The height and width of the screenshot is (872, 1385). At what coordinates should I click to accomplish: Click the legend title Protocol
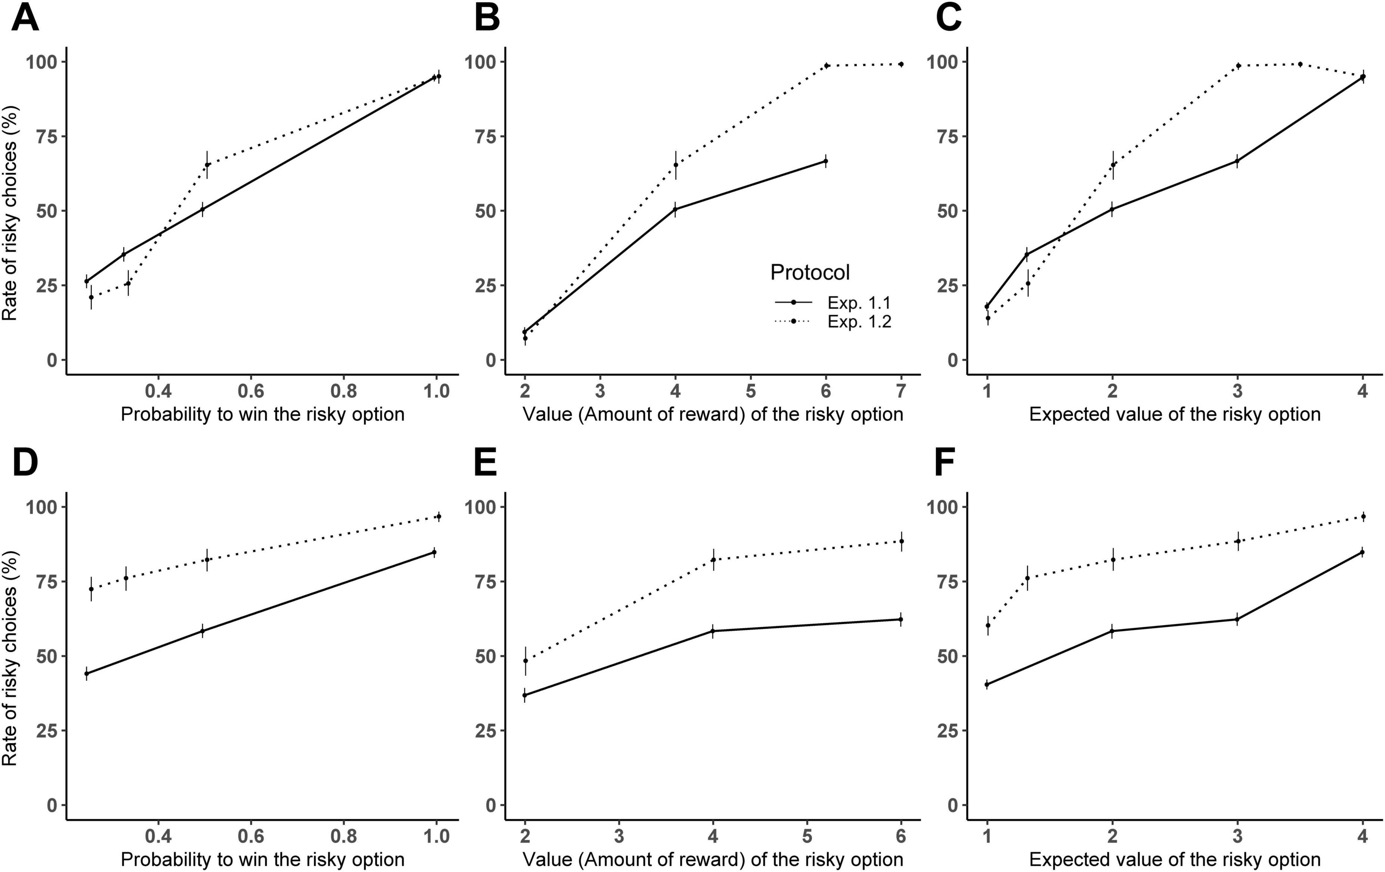click(810, 272)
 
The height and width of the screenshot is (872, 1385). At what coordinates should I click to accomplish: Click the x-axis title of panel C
click(1174, 414)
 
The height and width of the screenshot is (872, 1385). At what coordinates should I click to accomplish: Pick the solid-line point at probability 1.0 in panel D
click(434, 552)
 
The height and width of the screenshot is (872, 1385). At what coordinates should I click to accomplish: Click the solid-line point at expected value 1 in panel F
click(987, 684)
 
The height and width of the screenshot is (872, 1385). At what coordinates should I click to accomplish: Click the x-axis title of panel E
click(713, 859)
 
